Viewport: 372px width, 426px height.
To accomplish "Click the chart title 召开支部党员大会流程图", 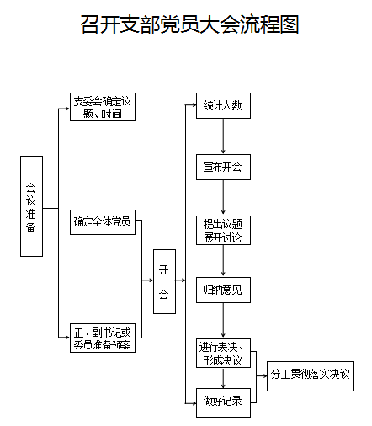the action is tap(189, 24).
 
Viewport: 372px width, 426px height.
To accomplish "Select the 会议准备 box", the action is tap(31, 206).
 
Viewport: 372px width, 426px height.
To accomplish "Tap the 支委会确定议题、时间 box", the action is tap(103, 107).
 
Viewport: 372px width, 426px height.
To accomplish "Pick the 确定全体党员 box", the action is tap(103, 222).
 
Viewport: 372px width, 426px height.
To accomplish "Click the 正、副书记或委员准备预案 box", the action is tap(103, 338).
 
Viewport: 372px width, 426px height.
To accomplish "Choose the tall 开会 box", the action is tap(164, 281).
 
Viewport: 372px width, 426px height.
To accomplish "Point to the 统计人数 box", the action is tap(223, 105).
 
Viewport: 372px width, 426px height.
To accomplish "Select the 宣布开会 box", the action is tap(223, 167).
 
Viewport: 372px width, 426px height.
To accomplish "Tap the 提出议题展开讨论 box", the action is tap(223, 230).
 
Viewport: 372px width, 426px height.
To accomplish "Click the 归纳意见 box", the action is tap(223, 290).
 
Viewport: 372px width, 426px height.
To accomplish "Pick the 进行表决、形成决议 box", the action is tap(223, 353).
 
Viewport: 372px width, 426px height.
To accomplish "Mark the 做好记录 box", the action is tap(223, 402).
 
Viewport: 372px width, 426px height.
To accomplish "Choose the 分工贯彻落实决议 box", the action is tap(311, 376).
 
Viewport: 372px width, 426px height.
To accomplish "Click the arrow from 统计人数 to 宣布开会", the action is tap(223, 136).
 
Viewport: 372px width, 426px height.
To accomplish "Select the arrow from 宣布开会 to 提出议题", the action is tap(223, 198).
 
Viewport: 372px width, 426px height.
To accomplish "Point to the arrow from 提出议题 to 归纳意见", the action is tap(223, 261).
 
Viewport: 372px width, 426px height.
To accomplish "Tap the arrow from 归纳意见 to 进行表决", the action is tap(223, 321).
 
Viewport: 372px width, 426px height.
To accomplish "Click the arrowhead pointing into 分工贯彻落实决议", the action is tap(264, 376).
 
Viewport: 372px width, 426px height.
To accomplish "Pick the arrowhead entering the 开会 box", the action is tap(151, 280).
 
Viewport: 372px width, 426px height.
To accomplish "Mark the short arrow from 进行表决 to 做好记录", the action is tap(223, 378).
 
